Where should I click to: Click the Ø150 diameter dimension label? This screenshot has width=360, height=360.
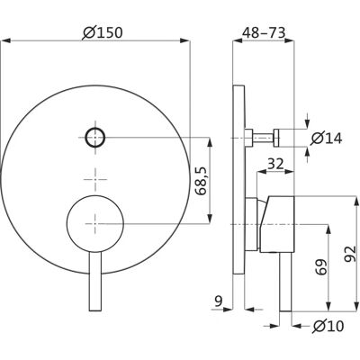pyautogui.click(x=103, y=32)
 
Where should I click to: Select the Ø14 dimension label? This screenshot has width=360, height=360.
pyautogui.click(x=327, y=138)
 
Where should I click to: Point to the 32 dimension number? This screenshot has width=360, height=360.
pyautogui.click(x=275, y=164)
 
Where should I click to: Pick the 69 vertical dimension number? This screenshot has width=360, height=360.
pyautogui.click(x=320, y=267)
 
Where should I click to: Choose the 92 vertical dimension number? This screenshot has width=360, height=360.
pyautogui.click(x=350, y=255)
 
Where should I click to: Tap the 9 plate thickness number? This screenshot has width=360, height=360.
pyautogui.click(x=219, y=301)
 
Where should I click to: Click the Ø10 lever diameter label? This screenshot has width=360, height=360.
pyautogui.click(x=328, y=326)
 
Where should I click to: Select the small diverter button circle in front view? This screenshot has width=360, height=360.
pyautogui.click(x=95, y=138)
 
